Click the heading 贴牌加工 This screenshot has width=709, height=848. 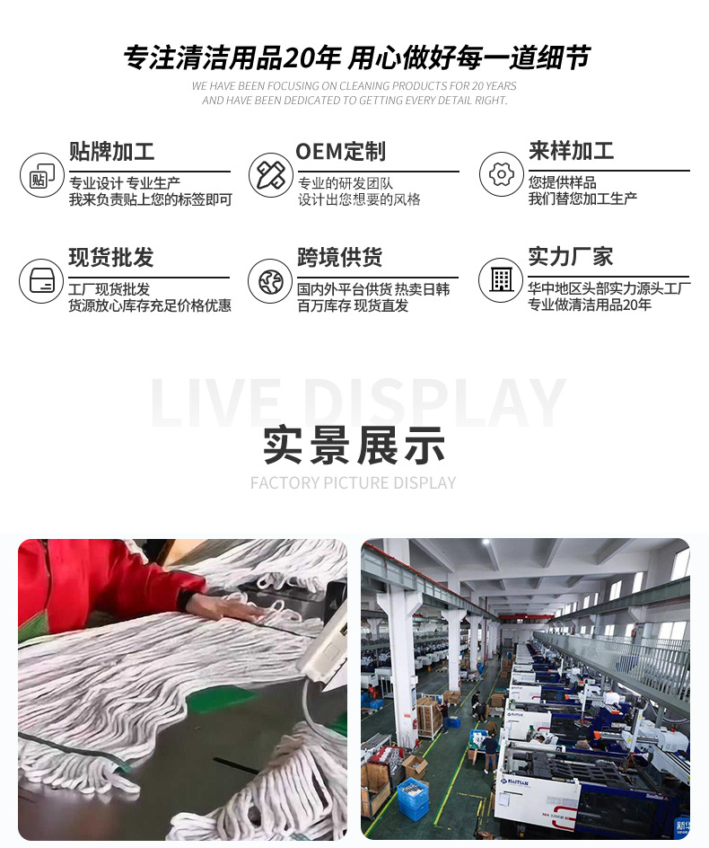coord(111,151)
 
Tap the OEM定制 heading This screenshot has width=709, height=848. coord(340,151)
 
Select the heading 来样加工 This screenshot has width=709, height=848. coord(571,151)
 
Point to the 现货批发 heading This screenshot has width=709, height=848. coord(111,258)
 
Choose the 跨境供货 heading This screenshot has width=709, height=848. coord(340,258)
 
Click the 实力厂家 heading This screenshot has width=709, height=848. coord(571,257)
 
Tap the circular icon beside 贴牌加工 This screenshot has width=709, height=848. coord(41,175)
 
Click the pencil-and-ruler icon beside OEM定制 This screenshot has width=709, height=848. coord(270,174)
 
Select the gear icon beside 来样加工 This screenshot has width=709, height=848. coord(501,174)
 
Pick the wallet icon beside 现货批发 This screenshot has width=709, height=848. coord(41,280)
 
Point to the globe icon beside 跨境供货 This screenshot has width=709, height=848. coord(270,281)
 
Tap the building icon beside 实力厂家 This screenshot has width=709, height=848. coord(501,280)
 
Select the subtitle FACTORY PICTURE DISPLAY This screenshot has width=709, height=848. coord(354,483)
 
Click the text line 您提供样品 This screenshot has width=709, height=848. coord(562,182)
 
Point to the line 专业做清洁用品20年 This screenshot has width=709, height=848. coord(590,305)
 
